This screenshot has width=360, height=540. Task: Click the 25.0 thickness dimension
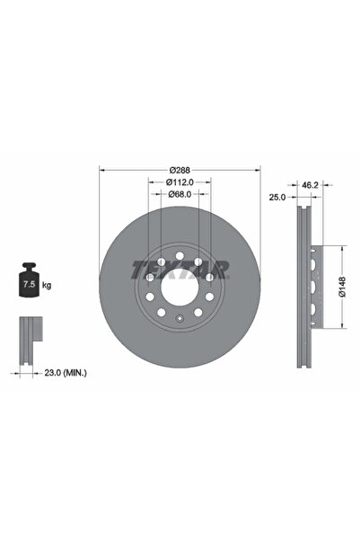click(x=277, y=196)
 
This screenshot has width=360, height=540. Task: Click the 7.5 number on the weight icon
click(x=28, y=286)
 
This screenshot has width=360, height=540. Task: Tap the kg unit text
click(x=46, y=285)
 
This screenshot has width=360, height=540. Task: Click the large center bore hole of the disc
click(x=180, y=288)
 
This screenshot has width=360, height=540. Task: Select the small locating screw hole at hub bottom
click(x=180, y=319)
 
